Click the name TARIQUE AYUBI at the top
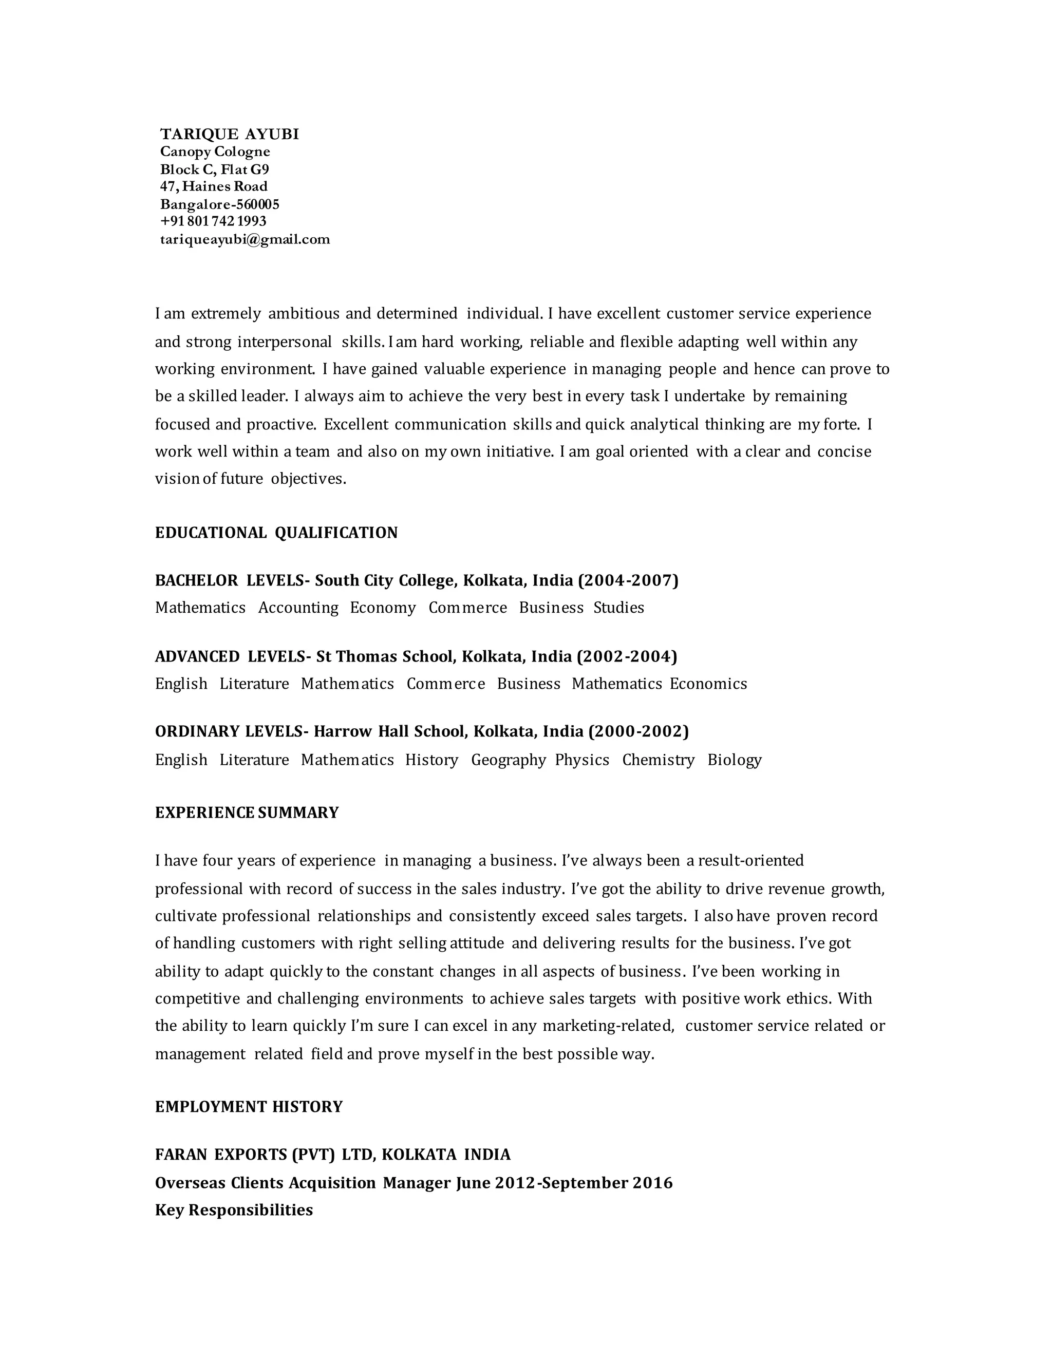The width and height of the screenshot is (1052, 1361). (229, 135)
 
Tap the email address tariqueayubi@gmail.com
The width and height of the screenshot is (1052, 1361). (245, 239)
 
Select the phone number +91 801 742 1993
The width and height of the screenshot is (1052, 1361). (213, 221)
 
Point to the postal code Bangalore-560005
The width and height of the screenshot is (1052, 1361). (219, 204)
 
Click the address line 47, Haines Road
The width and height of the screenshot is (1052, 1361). (214, 186)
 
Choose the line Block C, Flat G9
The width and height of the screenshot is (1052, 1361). (214, 169)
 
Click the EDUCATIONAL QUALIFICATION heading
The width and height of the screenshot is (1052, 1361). (276, 533)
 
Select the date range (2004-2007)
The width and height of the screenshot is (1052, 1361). (628, 581)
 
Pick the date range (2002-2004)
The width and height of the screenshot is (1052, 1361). (627, 657)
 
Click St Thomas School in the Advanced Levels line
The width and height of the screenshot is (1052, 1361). (386, 657)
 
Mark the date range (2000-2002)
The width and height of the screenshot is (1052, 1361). (639, 731)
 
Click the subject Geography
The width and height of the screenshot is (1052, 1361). (509, 760)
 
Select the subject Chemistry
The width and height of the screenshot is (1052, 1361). (658, 760)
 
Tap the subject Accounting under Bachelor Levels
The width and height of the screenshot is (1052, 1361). (298, 608)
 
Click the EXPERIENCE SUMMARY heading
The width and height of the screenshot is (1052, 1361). (247, 813)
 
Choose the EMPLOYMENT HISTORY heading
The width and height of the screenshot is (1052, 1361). (249, 1107)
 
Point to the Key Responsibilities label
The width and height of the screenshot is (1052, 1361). (234, 1210)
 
